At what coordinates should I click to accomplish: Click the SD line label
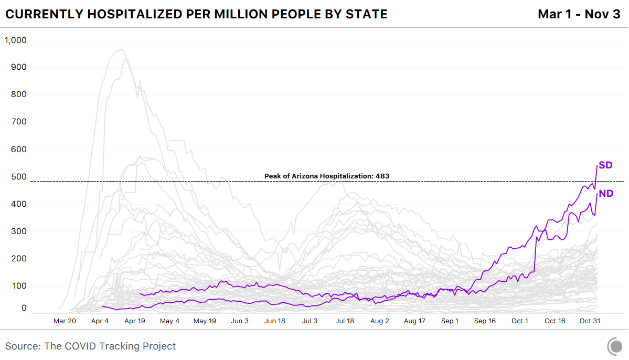[605, 165]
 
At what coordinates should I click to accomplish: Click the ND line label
[606, 194]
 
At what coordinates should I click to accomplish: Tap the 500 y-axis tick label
[19, 177]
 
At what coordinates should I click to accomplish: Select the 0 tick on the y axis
[24, 308]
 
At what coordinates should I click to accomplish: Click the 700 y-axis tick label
[19, 122]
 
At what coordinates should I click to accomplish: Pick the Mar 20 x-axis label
[65, 321]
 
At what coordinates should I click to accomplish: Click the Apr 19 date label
[135, 321]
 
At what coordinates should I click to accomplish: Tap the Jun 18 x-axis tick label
[275, 321]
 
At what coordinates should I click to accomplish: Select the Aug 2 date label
[380, 321]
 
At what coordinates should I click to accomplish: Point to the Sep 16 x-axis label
[485, 321]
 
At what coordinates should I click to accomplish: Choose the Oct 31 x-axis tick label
[590, 321]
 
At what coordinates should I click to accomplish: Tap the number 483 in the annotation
[382, 176]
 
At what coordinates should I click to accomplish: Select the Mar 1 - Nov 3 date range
[579, 14]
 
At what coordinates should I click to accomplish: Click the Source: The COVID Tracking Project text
[91, 346]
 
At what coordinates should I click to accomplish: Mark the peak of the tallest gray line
[121, 50]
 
